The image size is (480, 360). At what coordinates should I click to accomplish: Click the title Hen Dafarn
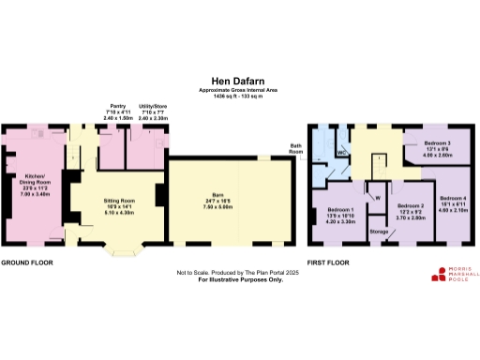[x=240, y=82]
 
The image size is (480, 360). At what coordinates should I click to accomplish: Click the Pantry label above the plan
[x=117, y=110]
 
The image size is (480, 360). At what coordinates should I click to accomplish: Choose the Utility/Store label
[x=152, y=110]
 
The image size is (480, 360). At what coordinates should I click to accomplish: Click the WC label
[x=342, y=152]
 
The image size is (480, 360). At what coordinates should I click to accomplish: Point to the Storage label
[x=379, y=230]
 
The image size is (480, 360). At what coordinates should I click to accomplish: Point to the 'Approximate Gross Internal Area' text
[x=240, y=90]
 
